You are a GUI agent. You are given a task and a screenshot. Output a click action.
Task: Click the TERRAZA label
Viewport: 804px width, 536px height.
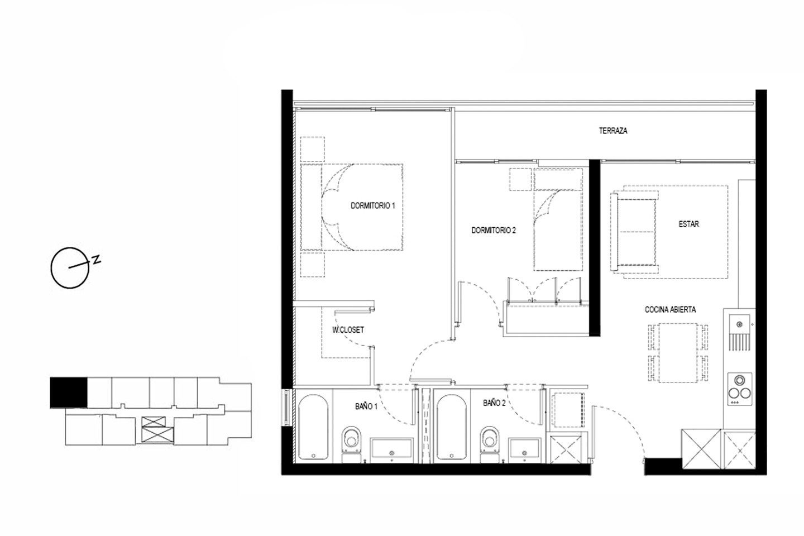[613, 131]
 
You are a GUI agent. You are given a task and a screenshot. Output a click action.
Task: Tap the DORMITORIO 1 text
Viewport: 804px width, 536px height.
[372, 205]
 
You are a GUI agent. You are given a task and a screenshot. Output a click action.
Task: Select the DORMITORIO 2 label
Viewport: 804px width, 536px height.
[494, 230]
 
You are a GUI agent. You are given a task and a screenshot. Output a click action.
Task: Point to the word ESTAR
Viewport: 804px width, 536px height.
[688, 224]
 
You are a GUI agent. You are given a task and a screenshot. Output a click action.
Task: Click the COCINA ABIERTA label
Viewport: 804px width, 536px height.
[670, 309]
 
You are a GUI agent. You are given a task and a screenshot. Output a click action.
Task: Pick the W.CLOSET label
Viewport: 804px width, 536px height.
[348, 330]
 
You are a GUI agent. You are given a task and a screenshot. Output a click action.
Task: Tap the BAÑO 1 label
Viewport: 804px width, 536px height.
[366, 406]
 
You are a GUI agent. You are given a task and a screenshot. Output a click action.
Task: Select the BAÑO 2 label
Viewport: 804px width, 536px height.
[494, 403]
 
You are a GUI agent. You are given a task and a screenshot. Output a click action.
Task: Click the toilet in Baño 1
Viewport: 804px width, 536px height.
[352, 444]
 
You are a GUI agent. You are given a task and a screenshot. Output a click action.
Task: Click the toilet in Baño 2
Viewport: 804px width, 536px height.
[490, 444]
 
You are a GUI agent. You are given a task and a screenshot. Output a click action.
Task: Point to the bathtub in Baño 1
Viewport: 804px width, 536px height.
[313, 427]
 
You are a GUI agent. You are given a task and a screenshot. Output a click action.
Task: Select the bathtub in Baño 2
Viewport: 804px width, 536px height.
[452, 427]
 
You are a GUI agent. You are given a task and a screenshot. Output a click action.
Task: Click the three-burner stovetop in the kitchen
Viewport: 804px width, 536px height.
[740, 389]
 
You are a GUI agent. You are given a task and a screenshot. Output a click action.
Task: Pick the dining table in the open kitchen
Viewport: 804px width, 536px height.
[678, 352]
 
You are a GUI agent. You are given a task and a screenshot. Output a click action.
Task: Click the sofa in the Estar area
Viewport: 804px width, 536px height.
[634, 232]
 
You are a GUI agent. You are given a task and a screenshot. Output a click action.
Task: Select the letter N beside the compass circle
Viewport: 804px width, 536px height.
[96, 260]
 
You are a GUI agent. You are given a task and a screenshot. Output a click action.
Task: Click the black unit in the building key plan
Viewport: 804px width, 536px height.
[69, 393]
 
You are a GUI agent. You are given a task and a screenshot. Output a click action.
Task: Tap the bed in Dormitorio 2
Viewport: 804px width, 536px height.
[558, 219]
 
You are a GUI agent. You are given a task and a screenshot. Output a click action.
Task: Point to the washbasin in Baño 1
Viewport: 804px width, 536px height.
[391, 449]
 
